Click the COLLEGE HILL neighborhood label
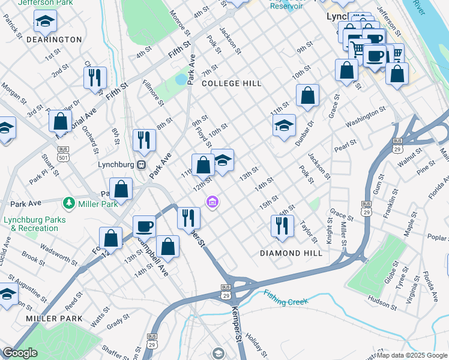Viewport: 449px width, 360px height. tap(232, 83)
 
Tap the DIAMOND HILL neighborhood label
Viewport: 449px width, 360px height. tap(291, 253)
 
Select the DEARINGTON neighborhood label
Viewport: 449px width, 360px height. tap(55, 40)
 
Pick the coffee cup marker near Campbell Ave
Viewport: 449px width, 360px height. tap(144, 227)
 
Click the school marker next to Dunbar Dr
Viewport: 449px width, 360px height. tap(284, 126)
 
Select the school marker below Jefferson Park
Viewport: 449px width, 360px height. tap(45, 22)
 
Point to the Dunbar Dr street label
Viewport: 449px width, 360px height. tap(304, 133)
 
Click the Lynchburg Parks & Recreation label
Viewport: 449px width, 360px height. tap(35, 224)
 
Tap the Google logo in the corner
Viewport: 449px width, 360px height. tap(20, 353)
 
